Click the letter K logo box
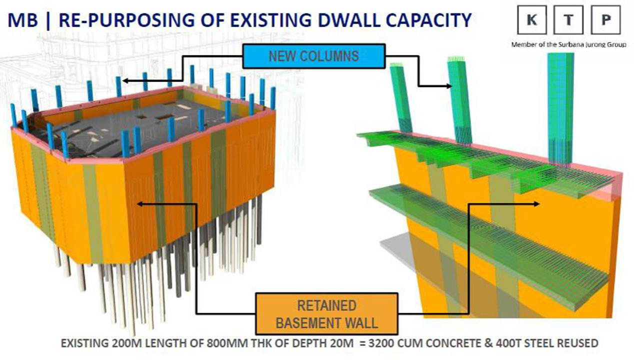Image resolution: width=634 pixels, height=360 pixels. (532, 20)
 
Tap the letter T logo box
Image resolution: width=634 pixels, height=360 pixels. (568, 20)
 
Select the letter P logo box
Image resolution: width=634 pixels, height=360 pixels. (605, 20)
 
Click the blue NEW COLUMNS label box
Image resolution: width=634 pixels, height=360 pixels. (314, 56)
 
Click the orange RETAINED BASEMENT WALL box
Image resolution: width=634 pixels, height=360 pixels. (326, 314)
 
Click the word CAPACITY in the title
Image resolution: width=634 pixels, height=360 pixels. (428, 20)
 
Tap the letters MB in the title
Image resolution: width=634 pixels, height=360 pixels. (22, 20)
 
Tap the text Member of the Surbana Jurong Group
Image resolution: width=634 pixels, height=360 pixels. (568, 44)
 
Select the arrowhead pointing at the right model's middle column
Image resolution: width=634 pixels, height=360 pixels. (449, 86)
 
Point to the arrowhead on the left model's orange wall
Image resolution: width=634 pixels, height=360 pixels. (140, 204)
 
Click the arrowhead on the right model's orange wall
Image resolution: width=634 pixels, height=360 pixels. (536, 204)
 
